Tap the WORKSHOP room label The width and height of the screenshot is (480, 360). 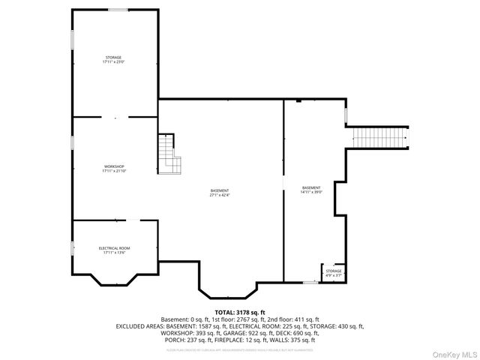tap(114, 168)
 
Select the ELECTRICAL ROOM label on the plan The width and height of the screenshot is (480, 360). tap(114, 250)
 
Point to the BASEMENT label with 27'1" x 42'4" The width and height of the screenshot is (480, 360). tap(220, 193)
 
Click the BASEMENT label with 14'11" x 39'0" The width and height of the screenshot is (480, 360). tap(311, 190)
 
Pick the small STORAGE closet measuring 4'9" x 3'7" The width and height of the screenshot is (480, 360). tap(333, 273)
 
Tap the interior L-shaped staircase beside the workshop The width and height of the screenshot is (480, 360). tap(169, 154)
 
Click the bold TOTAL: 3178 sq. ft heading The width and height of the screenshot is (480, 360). tap(240, 312)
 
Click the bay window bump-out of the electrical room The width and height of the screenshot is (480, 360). tap(114, 280)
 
